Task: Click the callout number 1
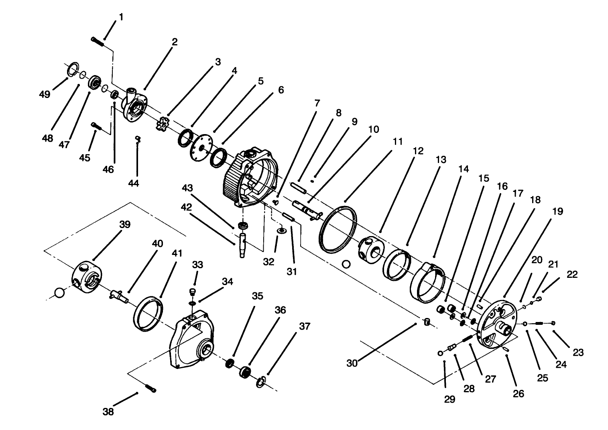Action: coord(121,17)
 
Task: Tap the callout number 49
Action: coord(45,94)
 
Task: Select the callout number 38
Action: coord(108,412)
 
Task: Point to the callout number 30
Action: coord(352,363)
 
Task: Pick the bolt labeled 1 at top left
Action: coord(98,41)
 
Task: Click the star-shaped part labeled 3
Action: coord(163,123)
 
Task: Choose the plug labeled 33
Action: coord(192,291)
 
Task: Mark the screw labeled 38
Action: coord(150,388)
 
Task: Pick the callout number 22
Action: coord(572,275)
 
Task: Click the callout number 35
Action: coord(257,296)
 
